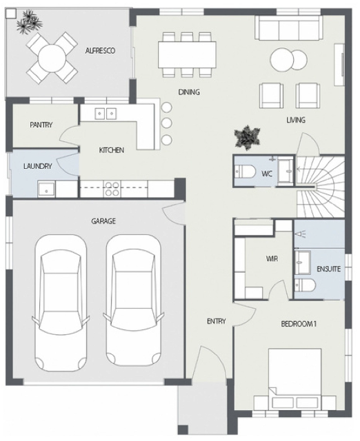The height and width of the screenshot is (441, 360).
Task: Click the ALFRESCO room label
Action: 100,51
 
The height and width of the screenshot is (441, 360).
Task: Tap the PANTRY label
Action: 41,125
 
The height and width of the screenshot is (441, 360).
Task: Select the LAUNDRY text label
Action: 34,166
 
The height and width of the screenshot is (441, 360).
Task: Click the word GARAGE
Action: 103,221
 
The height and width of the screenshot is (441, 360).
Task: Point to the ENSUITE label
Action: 328,269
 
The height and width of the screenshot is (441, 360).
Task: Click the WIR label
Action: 272,259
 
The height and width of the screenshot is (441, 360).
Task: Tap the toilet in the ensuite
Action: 306,285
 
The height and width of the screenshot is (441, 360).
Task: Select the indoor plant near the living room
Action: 247,136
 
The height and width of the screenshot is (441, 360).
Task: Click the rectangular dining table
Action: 187,55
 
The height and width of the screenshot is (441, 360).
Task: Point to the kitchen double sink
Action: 106,112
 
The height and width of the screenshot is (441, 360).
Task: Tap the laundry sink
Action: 46,188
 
